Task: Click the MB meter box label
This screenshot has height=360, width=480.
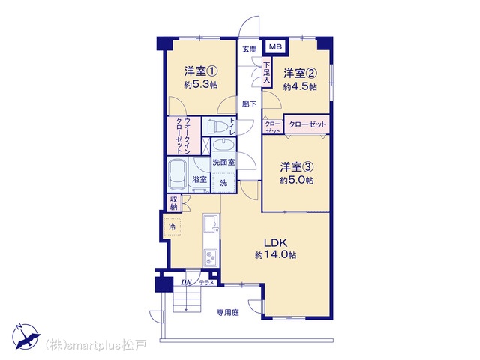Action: click(x=275, y=47)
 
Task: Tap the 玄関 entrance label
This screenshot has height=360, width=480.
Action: click(x=250, y=49)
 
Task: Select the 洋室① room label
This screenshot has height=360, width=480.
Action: click(x=201, y=71)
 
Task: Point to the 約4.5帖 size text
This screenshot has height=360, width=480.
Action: click(x=300, y=87)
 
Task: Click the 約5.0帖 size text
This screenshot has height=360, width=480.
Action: click(x=297, y=180)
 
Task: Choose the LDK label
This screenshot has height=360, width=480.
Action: click(x=275, y=243)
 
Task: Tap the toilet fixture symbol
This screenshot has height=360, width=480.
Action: click(x=217, y=126)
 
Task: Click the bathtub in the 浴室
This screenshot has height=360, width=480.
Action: click(x=178, y=175)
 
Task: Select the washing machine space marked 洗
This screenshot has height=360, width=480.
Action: click(x=223, y=183)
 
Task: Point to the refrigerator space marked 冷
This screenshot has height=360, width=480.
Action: click(x=172, y=226)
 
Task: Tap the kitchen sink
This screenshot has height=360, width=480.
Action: click(x=211, y=223)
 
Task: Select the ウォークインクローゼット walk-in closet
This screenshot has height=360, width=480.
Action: click(x=184, y=136)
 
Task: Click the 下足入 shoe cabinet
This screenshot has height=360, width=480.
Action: click(x=267, y=73)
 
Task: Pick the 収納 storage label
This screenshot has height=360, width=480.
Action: click(x=174, y=203)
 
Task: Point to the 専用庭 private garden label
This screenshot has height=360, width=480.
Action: click(x=228, y=312)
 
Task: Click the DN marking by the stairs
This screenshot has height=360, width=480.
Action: click(x=186, y=282)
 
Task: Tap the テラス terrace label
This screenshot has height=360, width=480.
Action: click(x=207, y=283)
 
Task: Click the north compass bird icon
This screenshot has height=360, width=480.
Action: click(x=26, y=337)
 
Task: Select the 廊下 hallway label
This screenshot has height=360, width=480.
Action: click(x=250, y=104)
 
